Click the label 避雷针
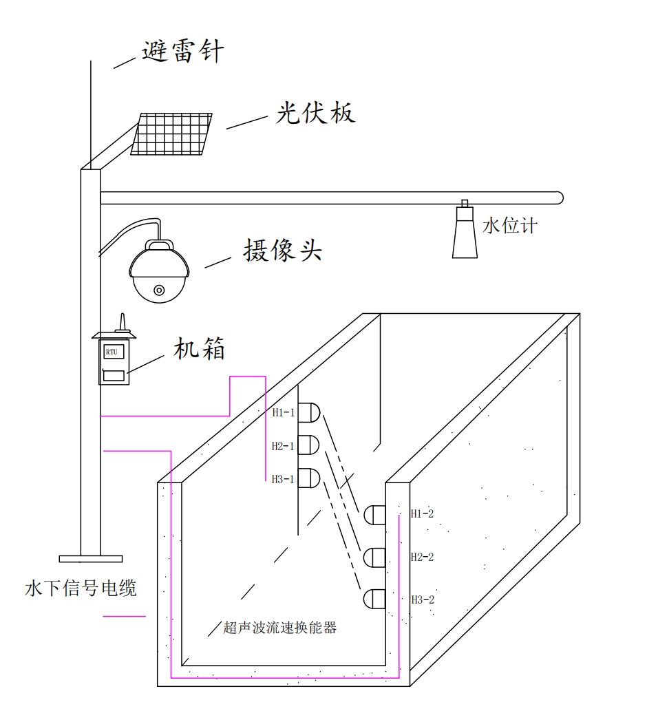(183, 52)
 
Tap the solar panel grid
(171, 134)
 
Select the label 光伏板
(315, 112)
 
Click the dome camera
(159, 272)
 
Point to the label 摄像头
(282, 251)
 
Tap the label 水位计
(509, 226)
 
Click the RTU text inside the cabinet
(111, 352)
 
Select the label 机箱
(199, 350)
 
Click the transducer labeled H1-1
(309, 412)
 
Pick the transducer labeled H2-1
(309, 445)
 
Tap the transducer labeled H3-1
(309, 478)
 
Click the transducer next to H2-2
(375, 557)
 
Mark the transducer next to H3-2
(375, 599)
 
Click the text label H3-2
(422, 599)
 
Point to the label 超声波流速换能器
(280, 628)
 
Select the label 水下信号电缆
(81, 588)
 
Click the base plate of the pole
(90, 559)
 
